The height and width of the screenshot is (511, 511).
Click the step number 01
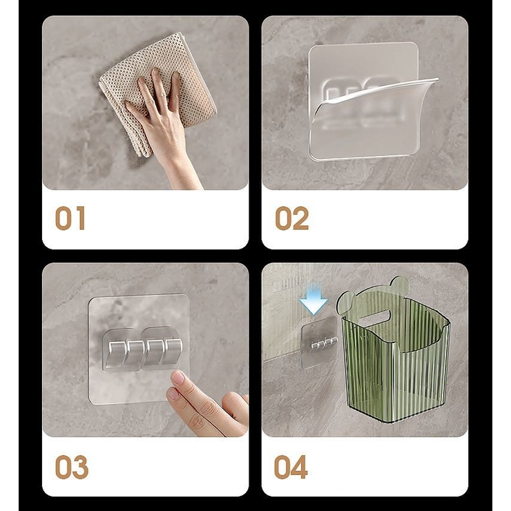[x=70, y=218]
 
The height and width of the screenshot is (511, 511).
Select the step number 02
[x=292, y=218]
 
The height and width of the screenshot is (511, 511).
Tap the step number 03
[x=72, y=467]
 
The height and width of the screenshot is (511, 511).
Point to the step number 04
[x=291, y=467]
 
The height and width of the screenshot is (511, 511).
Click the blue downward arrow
[x=314, y=299]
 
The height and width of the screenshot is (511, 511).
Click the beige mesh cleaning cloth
[x=157, y=95]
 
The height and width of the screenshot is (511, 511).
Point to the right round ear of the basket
[x=400, y=285]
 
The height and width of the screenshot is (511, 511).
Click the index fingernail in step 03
[x=178, y=378]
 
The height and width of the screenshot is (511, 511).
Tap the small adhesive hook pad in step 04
[x=319, y=343]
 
